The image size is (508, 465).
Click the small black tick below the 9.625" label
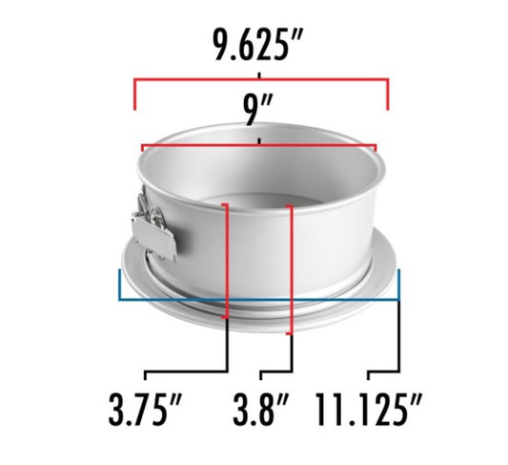259,73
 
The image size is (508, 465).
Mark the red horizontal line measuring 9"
200,146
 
